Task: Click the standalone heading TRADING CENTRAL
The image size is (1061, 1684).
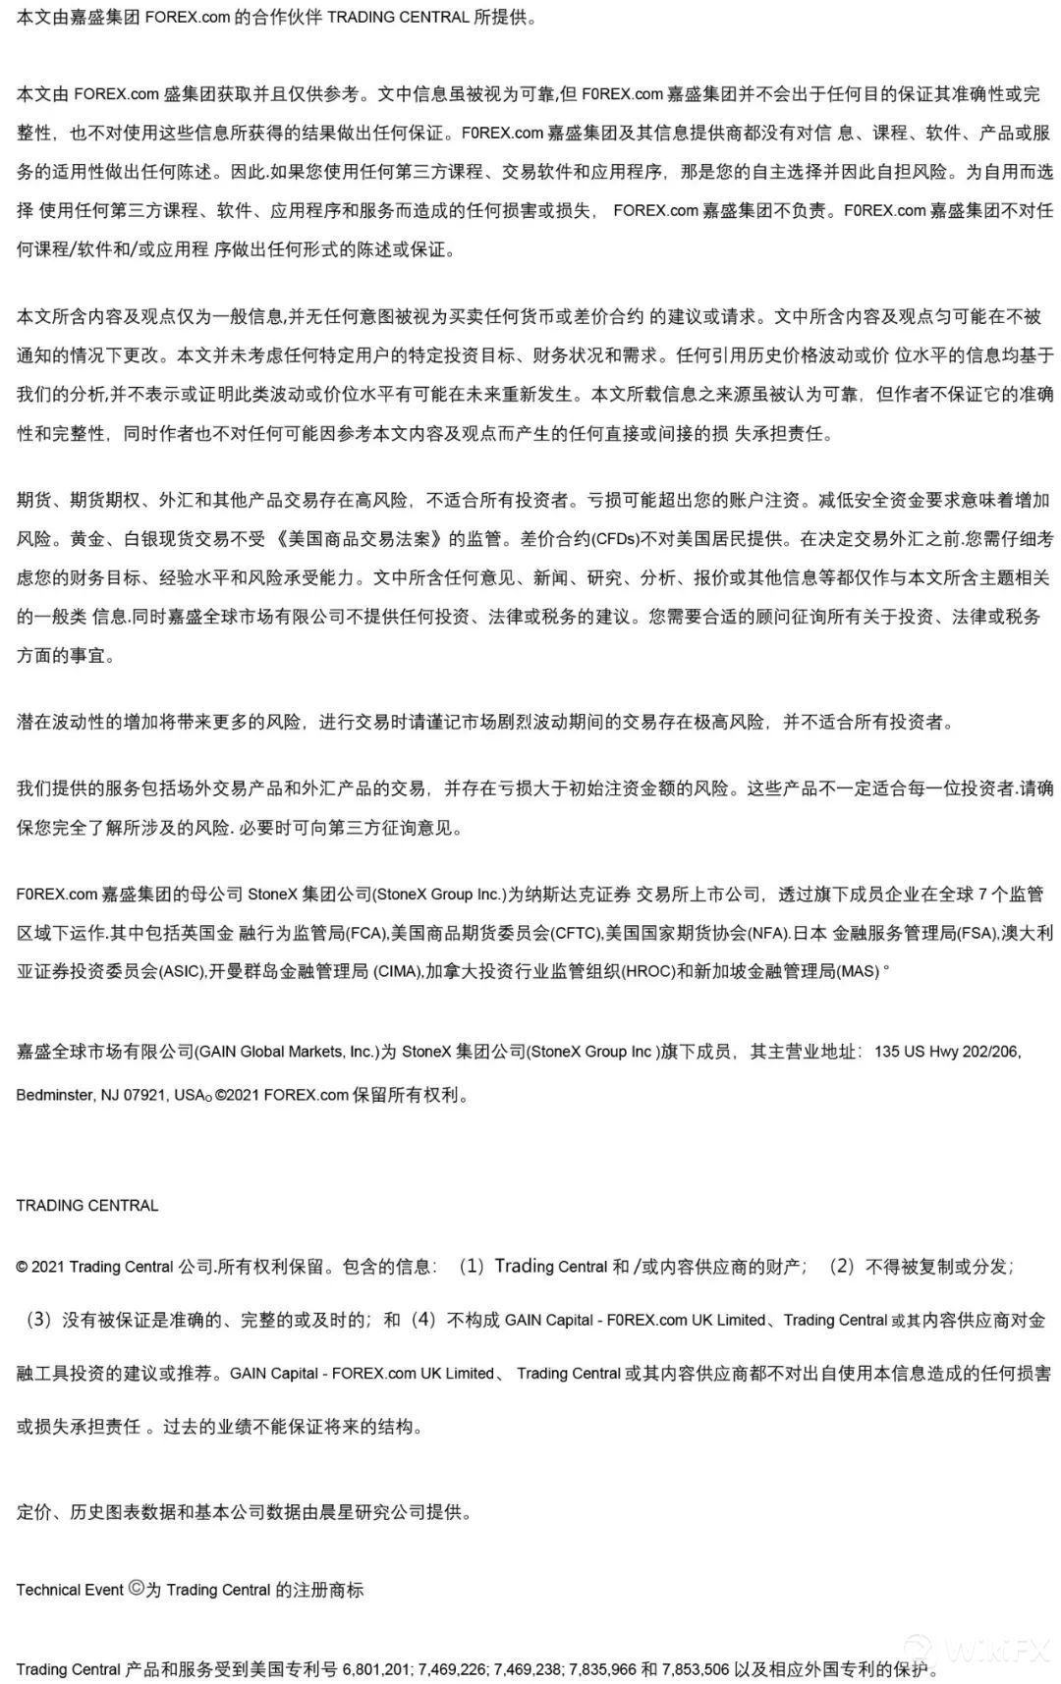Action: tap(87, 1205)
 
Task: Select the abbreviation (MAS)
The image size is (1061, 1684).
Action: tap(858, 971)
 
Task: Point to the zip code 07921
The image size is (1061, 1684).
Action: tap(146, 1095)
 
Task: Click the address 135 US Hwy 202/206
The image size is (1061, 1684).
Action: tap(947, 1052)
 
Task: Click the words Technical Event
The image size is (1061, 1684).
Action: tap(70, 1589)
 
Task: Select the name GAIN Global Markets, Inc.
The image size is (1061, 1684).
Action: tap(288, 1052)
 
